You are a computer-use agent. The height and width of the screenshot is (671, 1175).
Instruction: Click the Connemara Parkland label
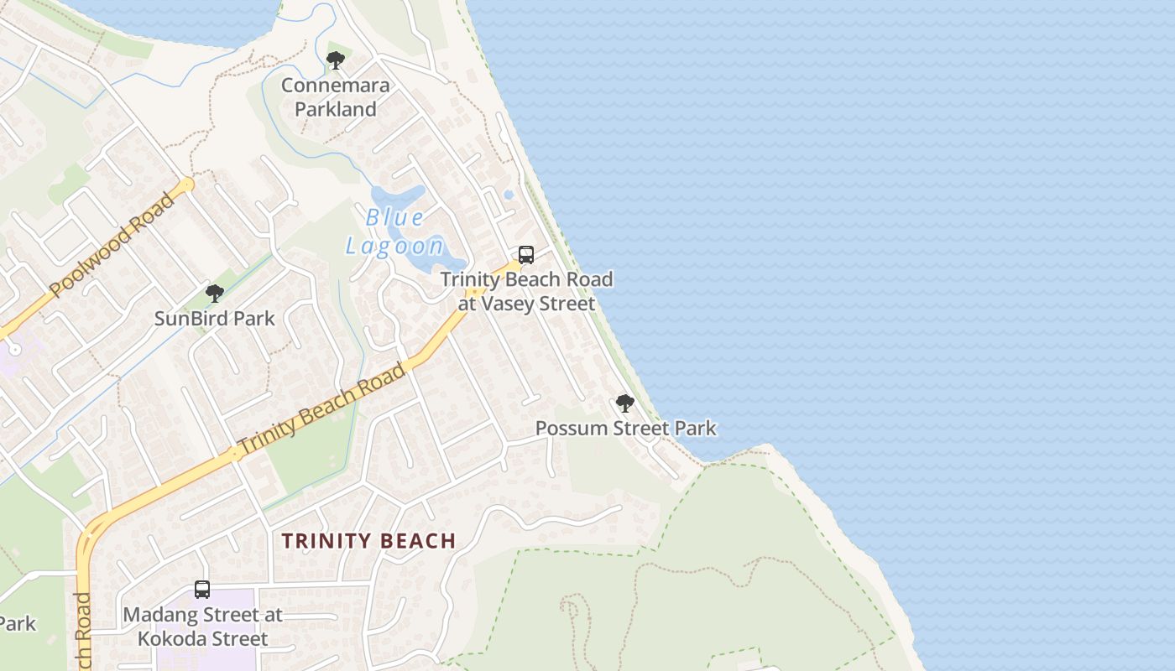point(335,97)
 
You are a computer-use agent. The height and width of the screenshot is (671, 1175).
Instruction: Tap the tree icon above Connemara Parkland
point(335,60)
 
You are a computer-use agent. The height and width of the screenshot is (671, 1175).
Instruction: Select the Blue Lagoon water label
point(394,231)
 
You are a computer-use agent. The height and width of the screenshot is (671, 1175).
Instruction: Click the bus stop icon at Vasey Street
point(526,255)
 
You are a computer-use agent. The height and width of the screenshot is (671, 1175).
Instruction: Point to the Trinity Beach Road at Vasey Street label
point(527,291)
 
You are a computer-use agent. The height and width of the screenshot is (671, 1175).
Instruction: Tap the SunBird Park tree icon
point(215,294)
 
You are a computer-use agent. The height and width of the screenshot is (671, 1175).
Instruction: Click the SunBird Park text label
point(215,319)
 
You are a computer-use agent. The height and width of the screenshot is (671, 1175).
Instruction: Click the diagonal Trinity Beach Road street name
point(321,410)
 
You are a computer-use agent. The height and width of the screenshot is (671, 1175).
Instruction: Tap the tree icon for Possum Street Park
point(624,403)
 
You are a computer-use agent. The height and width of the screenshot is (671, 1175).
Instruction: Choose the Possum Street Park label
point(626,429)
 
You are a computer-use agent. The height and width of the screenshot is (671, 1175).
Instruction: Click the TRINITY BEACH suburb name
point(368,541)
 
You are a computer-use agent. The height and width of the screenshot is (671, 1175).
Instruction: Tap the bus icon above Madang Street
point(202,590)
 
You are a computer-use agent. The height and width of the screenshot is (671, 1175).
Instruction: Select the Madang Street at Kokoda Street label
point(203,627)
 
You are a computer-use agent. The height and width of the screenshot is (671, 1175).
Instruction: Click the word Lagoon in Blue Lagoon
point(394,246)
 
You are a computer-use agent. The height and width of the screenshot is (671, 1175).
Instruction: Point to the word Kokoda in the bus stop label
point(170,639)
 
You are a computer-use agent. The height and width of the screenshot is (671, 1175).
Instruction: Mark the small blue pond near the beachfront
point(509,195)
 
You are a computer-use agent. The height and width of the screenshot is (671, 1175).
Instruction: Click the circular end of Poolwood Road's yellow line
point(188,183)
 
